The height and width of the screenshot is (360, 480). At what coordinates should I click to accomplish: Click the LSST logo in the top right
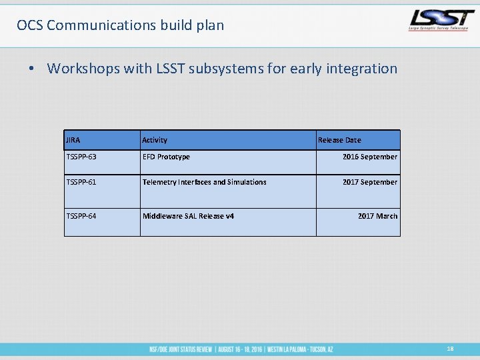tap(441, 21)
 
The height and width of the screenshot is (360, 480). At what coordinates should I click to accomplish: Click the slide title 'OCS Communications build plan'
tap(121, 25)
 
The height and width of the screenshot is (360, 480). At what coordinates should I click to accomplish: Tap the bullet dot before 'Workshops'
tap(31, 69)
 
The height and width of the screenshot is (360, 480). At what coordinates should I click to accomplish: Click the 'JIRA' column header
tap(73, 140)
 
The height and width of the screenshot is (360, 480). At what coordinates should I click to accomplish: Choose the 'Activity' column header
tap(155, 140)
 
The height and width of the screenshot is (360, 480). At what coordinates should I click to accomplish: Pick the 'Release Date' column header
tap(339, 140)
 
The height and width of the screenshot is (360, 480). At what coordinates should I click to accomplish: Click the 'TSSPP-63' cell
tap(81, 157)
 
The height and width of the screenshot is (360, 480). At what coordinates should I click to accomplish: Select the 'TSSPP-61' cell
tap(81, 182)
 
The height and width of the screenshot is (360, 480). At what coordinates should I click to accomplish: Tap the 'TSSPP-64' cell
tap(81, 216)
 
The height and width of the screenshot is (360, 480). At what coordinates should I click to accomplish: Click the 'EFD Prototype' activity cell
tap(166, 157)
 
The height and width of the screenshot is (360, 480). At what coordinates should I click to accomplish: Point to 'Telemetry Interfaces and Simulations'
tap(204, 182)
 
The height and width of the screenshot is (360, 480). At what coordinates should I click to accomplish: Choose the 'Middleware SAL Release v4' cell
tap(188, 216)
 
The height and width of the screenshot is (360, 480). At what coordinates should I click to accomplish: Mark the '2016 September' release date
tap(369, 157)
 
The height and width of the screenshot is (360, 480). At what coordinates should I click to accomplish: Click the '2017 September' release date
tap(369, 182)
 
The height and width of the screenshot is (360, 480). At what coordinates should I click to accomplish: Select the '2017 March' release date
tap(377, 216)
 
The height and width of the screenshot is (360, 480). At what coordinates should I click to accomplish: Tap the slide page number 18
tap(451, 349)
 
